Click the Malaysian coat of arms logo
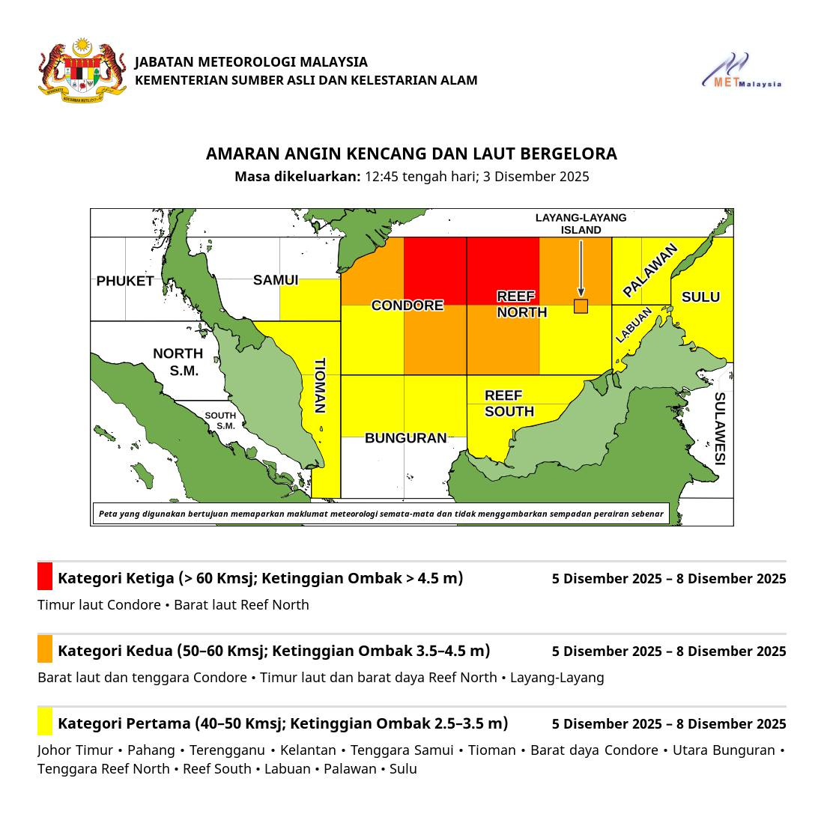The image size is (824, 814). tap(82, 70)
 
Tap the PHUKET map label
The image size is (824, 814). tap(125, 282)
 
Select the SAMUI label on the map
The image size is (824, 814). tap(276, 280)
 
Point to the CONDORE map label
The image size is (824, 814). tap(408, 306)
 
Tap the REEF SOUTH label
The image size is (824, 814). tap(509, 404)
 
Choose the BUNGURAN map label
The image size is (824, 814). tap(405, 438)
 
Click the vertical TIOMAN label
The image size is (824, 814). tap(320, 386)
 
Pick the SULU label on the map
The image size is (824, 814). tap(700, 297)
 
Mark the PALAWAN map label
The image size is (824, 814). tap(650, 270)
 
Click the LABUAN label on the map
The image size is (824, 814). tap(634, 325)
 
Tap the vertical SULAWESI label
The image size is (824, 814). tap(719, 428)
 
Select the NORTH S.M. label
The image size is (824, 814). tap(178, 362)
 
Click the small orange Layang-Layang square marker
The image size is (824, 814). tap(581, 306)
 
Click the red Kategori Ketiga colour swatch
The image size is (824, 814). tap(45, 577)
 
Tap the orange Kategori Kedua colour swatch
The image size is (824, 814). tap(45, 649)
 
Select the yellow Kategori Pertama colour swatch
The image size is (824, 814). tap(45, 722)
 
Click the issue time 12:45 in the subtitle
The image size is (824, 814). tap(381, 177)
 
